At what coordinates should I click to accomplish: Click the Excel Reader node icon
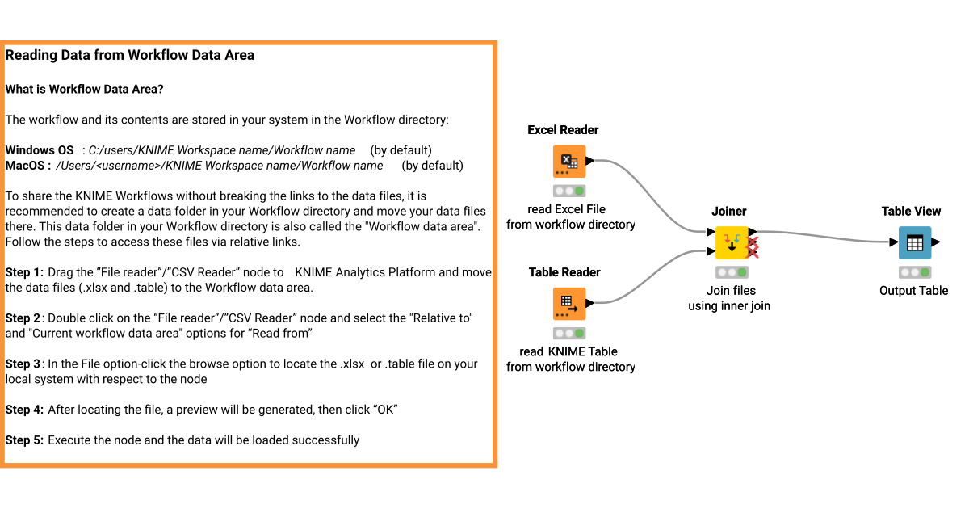(569, 162)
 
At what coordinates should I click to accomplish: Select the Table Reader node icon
(569, 304)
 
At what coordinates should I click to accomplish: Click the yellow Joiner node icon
(732, 242)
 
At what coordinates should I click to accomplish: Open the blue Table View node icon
(915, 242)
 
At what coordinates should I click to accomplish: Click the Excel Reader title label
(563, 130)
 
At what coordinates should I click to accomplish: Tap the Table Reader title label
(564, 272)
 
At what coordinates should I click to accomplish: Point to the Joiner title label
(728, 212)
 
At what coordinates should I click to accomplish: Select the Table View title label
(911, 212)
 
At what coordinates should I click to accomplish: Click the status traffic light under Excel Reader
(569, 191)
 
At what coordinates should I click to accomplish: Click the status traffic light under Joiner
(732, 272)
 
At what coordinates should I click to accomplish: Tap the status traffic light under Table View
(915, 272)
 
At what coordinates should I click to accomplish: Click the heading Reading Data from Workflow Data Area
(130, 56)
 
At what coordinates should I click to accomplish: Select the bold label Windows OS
(40, 150)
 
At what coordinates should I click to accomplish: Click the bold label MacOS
(28, 166)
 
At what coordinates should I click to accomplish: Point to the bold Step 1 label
(24, 272)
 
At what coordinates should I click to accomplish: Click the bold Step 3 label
(24, 364)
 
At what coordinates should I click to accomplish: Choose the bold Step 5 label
(24, 440)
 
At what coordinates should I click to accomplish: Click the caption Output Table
(913, 291)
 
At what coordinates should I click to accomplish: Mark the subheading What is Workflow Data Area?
(85, 89)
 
